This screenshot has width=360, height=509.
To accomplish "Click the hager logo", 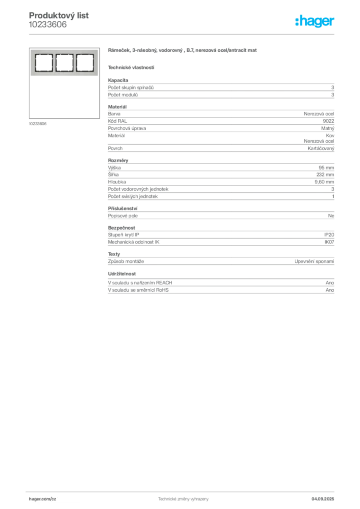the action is pyautogui.click(x=315, y=21).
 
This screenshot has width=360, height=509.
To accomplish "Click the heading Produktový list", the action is pyautogui.click(x=59, y=15).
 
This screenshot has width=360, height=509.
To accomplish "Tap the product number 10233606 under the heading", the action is pyautogui.click(x=48, y=25).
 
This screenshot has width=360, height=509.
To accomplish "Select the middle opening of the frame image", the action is pyautogui.click(x=64, y=63).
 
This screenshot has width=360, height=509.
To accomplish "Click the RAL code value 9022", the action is pyautogui.click(x=328, y=121).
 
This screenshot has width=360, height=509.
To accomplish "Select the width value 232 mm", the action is pyautogui.click(x=325, y=174).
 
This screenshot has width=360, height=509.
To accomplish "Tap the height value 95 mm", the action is pyautogui.click(x=326, y=168).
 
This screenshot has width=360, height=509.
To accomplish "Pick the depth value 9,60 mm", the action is pyautogui.click(x=324, y=182).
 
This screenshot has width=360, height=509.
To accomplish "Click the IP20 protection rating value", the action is pyautogui.click(x=329, y=235).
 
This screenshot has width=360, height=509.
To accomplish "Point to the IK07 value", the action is pyautogui.click(x=329, y=242).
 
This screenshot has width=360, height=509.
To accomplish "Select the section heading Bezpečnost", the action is pyautogui.click(x=121, y=228).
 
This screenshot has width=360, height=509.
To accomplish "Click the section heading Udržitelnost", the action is pyautogui.click(x=122, y=274).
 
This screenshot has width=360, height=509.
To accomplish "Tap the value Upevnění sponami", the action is pyautogui.click(x=314, y=261).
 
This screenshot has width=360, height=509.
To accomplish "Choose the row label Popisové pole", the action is pyautogui.click(x=123, y=216).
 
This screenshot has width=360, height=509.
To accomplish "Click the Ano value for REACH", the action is pyautogui.click(x=330, y=283).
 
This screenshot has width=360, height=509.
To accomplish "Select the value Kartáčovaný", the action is pyautogui.click(x=321, y=148).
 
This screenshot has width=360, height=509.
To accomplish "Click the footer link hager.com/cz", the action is pyautogui.click(x=43, y=499).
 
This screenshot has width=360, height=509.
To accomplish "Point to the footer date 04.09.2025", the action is pyautogui.click(x=323, y=499).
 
